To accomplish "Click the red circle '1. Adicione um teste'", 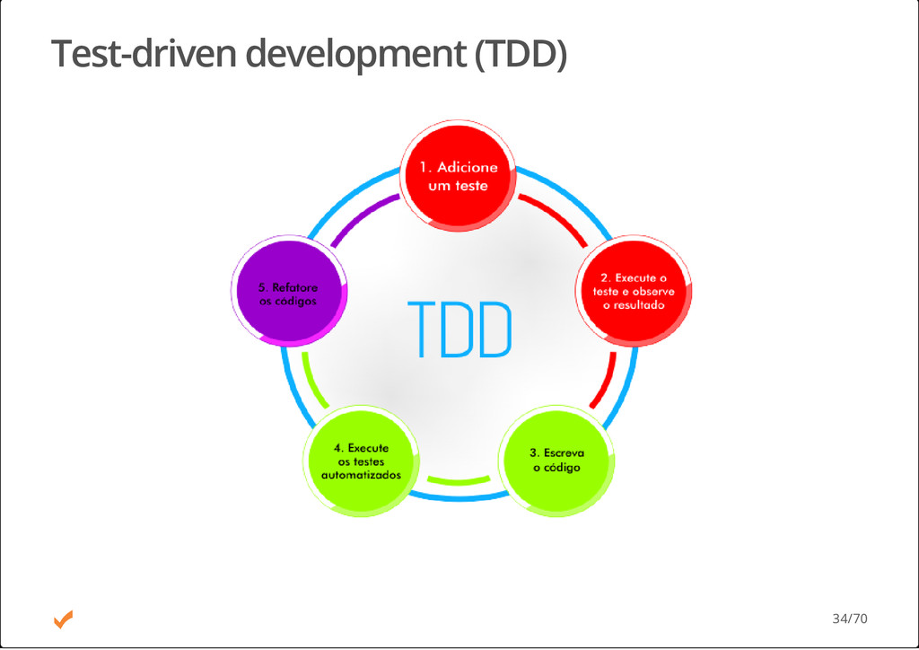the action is coord(458,176).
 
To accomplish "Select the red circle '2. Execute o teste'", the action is coord(634,291).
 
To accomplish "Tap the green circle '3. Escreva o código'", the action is coord(556,461).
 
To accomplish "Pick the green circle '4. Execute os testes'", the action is coord(361,461).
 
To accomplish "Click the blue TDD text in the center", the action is coord(459,329).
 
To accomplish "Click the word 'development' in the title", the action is coord(354,54).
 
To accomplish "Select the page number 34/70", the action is coord(849,619).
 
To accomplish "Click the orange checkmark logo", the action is coord(63,619).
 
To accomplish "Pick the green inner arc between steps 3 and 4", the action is coord(459,480).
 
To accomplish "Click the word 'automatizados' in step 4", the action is coord(361,474).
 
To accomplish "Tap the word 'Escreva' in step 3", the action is coord(563,453).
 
